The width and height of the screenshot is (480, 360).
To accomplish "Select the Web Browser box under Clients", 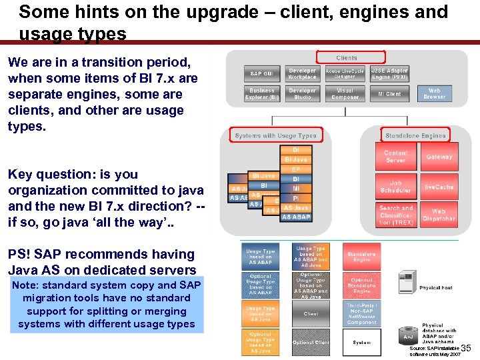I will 434,94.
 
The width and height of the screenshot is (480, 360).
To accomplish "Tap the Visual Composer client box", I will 345,94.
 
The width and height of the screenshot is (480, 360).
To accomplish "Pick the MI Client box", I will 389,94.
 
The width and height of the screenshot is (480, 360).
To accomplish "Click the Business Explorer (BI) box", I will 261,94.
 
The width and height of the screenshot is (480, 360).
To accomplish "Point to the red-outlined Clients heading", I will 347,58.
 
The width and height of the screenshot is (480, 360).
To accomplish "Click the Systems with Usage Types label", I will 275,135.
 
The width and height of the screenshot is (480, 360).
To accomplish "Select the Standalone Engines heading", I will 415,135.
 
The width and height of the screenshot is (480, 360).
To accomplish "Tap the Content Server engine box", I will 395,157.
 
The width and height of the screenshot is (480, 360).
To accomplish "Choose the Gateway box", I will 439,157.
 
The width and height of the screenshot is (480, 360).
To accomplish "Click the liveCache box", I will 439,187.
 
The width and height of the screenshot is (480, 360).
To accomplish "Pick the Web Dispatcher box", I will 439,214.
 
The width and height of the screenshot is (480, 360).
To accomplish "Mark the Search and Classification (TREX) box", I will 395,214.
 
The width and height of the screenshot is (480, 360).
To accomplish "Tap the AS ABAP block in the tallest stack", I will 295,217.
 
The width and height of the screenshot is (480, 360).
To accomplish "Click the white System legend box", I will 361,343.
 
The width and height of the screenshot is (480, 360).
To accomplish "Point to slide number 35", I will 466,347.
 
